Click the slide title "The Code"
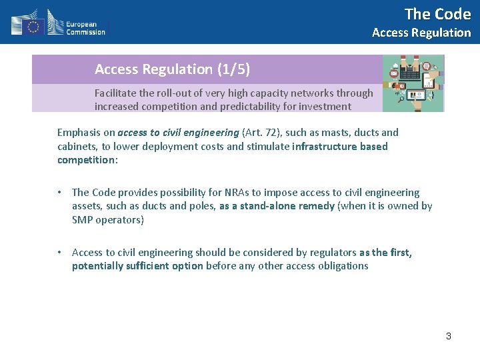pyautogui.click(x=437, y=14)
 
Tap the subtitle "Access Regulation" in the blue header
pyautogui.click(x=421, y=33)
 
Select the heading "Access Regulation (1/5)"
pyautogui.click(x=172, y=69)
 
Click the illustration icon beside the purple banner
pyautogui.click(x=413, y=83)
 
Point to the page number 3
pyautogui.click(x=449, y=336)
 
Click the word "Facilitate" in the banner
pyautogui.click(x=115, y=93)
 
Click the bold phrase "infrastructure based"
pyautogui.click(x=340, y=147)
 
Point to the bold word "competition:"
pyautogui.click(x=87, y=160)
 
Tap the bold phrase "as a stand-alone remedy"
pyautogui.click(x=277, y=206)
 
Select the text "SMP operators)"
pyautogui.click(x=107, y=220)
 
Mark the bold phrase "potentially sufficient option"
pyautogui.click(x=137, y=266)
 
